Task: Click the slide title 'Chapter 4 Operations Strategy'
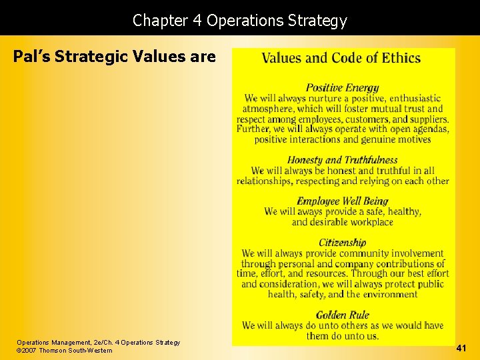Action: click(x=240, y=21)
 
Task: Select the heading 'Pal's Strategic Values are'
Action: click(x=115, y=57)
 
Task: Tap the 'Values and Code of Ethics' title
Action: click(x=341, y=57)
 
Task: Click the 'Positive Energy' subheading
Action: click(x=342, y=87)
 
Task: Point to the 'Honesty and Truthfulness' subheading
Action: click(x=342, y=159)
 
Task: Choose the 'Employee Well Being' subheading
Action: click(x=342, y=201)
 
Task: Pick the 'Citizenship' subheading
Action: click(x=342, y=243)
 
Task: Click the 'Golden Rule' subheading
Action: click(x=342, y=315)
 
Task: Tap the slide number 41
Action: click(x=461, y=347)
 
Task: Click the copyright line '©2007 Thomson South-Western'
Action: click(x=65, y=351)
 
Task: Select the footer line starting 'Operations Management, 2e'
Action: click(x=98, y=342)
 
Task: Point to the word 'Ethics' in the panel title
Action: click(x=401, y=57)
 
